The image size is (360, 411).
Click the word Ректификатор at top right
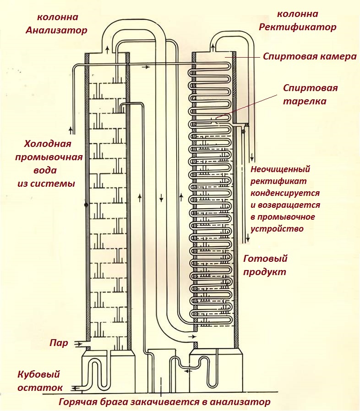[x=297, y=27]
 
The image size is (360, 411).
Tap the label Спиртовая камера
[x=310, y=57]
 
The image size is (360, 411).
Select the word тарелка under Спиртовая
[x=304, y=101]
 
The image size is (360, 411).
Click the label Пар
[x=59, y=343]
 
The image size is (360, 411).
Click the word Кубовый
[x=39, y=374]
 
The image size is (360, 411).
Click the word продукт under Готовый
[x=264, y=271]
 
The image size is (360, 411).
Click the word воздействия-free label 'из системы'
[x=50, y=183]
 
